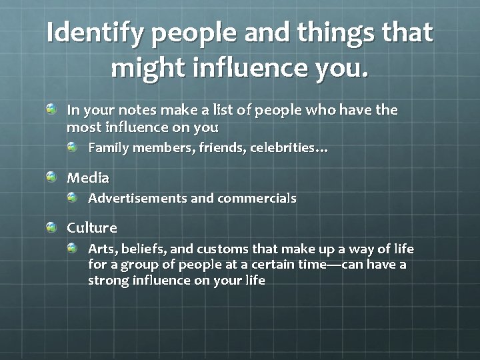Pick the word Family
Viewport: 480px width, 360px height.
pyautogui.click(x=109, y=147)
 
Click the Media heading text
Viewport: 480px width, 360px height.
pyautogui.click(x=88, y=178)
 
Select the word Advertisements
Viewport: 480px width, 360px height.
pyautogui.click(x=137, y=198)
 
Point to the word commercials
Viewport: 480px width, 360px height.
pyautogui.click(x=257, y=198)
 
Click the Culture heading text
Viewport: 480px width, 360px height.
pyautogui.click(x=92, y=227)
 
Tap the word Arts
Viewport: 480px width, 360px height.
pyautogui.click(x=101, y=249)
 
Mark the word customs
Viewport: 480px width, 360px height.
pyautogui.click(x=223, y=249)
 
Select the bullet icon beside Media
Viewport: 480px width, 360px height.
pyautogui.click(x=53, y=177)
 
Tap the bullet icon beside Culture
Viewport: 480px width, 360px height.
pyautogui.click(x=53, y=227)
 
